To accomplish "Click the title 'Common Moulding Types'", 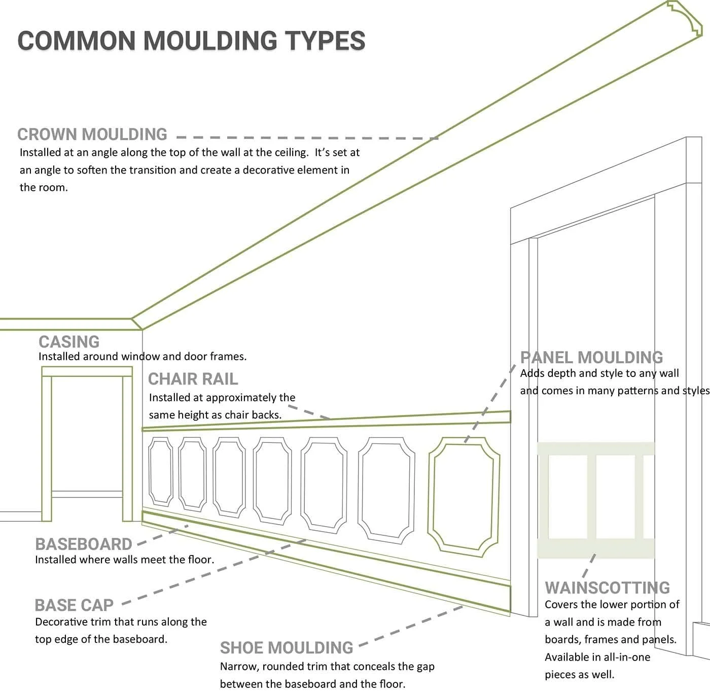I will (x=191, y=41).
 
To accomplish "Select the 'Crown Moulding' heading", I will (x=92, y=134).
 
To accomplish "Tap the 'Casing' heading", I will (x=69, y=341).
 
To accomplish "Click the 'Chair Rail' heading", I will (x=193, y=379).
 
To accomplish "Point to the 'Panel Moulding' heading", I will (x=591, y=358).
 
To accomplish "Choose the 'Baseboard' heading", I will (x=84, y=544).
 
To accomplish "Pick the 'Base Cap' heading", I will (x=74, y=605).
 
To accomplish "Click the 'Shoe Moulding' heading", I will (x=287, y=648).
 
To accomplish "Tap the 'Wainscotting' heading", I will (x=607, y=588).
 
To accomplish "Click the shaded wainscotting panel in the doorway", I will (x=595, y=499).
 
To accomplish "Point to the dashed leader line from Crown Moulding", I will (x=304, y=137).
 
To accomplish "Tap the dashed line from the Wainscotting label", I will (x=589, y=566).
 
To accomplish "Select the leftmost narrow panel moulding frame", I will (x=160, y=473).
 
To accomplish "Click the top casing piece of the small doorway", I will (x=87, y=372).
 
